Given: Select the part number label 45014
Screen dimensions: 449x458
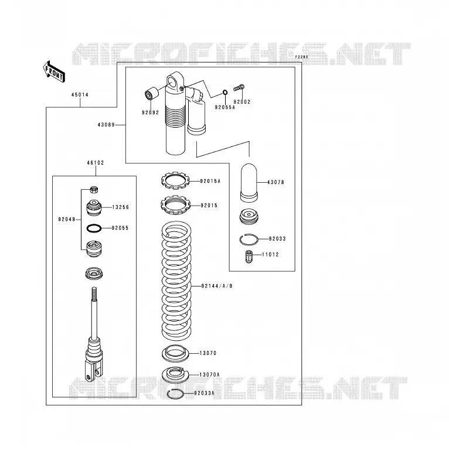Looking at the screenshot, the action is [x=80, y=95].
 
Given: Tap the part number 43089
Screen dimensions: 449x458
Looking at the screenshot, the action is [x=106, y=125].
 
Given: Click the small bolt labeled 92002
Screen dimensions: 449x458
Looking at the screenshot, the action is [x=239, y=87].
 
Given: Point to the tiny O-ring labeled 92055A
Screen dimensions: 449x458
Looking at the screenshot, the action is [x=224, y=93].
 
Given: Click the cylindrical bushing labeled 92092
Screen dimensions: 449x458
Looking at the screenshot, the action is [x=151, y=93].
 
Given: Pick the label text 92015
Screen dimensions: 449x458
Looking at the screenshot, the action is [x=209, y=206].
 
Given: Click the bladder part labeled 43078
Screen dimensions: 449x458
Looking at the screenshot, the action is [x=249, y=183].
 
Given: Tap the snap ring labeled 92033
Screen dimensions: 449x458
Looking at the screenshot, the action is [x=249, y=240].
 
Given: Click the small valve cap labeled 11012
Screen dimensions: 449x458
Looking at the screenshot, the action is [x=249, y=256].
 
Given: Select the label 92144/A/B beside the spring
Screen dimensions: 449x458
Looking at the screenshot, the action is [x=217, y=286].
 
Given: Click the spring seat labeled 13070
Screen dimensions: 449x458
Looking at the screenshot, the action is [x=175, y=353].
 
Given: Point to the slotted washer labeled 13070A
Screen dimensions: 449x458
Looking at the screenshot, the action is [x=175, y=375].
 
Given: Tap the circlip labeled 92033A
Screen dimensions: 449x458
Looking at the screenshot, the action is [x=175, y=394].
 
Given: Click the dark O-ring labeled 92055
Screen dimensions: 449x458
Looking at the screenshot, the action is [x=94, y=228].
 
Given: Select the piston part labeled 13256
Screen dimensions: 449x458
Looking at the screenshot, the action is [x=94, y=208].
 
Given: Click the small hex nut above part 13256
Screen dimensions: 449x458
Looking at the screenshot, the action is [x=94, y=190].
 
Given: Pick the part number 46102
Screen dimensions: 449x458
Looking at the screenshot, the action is [x=96, y=163].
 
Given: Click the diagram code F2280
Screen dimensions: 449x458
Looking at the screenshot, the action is [x=301, y=57].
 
